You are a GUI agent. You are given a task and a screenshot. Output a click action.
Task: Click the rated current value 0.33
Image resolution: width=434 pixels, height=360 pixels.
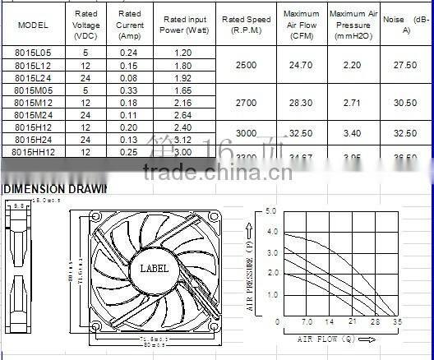click(x=129, y=90)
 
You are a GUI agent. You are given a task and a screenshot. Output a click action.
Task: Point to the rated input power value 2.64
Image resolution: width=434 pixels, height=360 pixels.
click(x=184, y=115)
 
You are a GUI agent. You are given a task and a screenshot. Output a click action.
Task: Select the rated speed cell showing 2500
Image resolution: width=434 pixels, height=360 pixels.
click(x=247, y=64)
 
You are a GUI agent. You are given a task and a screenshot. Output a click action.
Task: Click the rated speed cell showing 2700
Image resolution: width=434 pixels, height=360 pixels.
click(x=247, y=103)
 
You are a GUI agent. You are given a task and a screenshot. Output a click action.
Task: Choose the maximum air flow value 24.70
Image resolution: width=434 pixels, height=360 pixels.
click(x=301, y=64)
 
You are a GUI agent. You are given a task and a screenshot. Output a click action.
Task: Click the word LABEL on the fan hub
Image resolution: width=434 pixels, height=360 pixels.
click(x=154, y=268)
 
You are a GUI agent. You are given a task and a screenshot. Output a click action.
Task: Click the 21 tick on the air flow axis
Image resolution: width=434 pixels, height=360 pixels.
click(x=353, y=322)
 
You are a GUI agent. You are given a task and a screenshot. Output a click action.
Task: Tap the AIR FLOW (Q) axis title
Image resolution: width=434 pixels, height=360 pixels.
click(x=333, y=338)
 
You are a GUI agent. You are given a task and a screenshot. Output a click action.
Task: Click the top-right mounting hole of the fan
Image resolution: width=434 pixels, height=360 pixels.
click(x=213, y=216)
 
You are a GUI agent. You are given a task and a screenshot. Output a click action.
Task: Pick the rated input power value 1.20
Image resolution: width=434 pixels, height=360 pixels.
click(x=184, y=52)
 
